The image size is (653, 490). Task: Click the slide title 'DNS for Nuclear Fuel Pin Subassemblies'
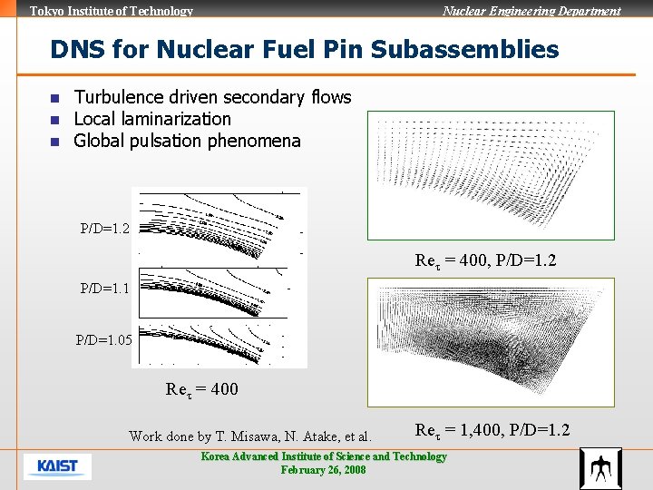[305, 49]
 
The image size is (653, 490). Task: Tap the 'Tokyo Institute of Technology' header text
[112, 11]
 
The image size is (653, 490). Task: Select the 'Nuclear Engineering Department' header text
[531, 11]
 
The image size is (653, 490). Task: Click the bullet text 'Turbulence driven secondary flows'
[212, 97]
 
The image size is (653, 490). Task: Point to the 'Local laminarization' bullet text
[152, 119]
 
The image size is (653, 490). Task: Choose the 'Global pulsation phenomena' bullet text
[187, 141]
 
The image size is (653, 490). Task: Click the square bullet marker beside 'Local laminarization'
[54, 120]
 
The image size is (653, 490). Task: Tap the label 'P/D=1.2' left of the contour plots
[104, 229]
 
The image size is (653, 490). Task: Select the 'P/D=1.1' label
[104, 289]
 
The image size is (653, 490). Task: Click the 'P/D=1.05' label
[103, 340]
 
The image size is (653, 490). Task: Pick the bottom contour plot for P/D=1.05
[219, 343]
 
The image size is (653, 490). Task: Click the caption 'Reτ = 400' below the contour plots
[202, 389]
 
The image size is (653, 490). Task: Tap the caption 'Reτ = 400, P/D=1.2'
[485, 260]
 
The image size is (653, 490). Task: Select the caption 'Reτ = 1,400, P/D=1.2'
[492, 430]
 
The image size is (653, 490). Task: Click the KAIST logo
[57, 466]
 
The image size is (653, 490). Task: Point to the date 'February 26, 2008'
[324, 470]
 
